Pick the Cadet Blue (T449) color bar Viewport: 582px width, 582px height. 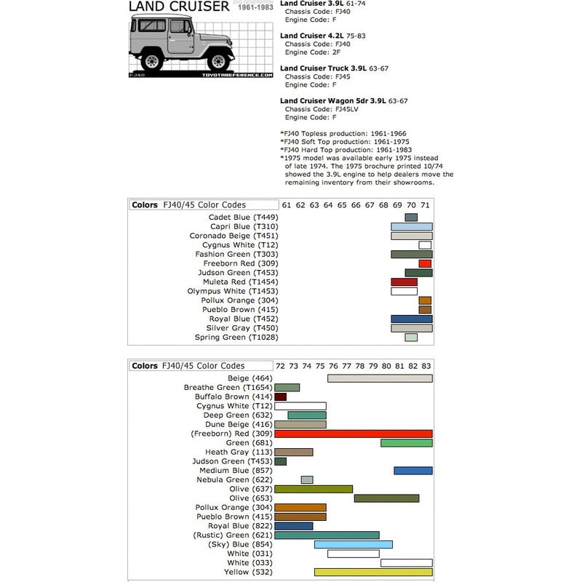tap(411, 218)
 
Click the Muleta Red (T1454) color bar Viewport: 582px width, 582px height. tap(404, 282)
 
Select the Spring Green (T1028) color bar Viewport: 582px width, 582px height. tap(411, 338)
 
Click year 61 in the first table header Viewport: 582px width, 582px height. tap(287, 205)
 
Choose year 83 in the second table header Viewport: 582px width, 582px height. tap(426, 365)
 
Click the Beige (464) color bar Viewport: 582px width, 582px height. tap(380, 378)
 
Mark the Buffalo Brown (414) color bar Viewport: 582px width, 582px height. tap(281, 396)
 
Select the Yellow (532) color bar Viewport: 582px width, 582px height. tap(373, 572)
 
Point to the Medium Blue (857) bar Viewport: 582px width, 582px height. tap(413, 471)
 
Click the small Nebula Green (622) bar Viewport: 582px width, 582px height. tap(307, 479)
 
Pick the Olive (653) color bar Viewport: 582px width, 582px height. tap(386, 498)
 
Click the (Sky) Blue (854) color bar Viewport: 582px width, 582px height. tap(354, 544)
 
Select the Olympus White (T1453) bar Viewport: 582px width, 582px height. tap(404, 291)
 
